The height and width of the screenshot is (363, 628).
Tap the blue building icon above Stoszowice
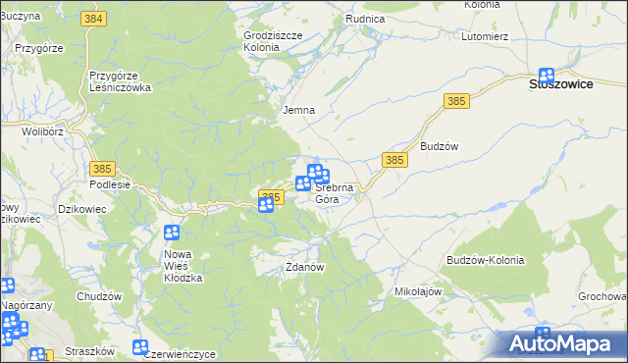click(x=547, y=75)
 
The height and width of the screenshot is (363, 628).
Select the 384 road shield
click(x=94, y=20)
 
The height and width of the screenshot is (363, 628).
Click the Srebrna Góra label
click(x=328, y=192)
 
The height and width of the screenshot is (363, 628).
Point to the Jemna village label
click(x=298, y=110)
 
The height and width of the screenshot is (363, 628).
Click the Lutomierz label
click(x=484, y=36)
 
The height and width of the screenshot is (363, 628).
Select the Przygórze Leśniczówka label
click(x=119, y=80)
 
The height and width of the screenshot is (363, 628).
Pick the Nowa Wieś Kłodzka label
click(x=183, y=266)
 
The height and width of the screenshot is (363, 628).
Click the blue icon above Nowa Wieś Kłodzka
click(x=172, y=233)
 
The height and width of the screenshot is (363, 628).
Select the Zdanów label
click(x=304, y=266)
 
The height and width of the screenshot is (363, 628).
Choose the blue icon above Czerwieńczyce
click(x=140, y=347)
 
